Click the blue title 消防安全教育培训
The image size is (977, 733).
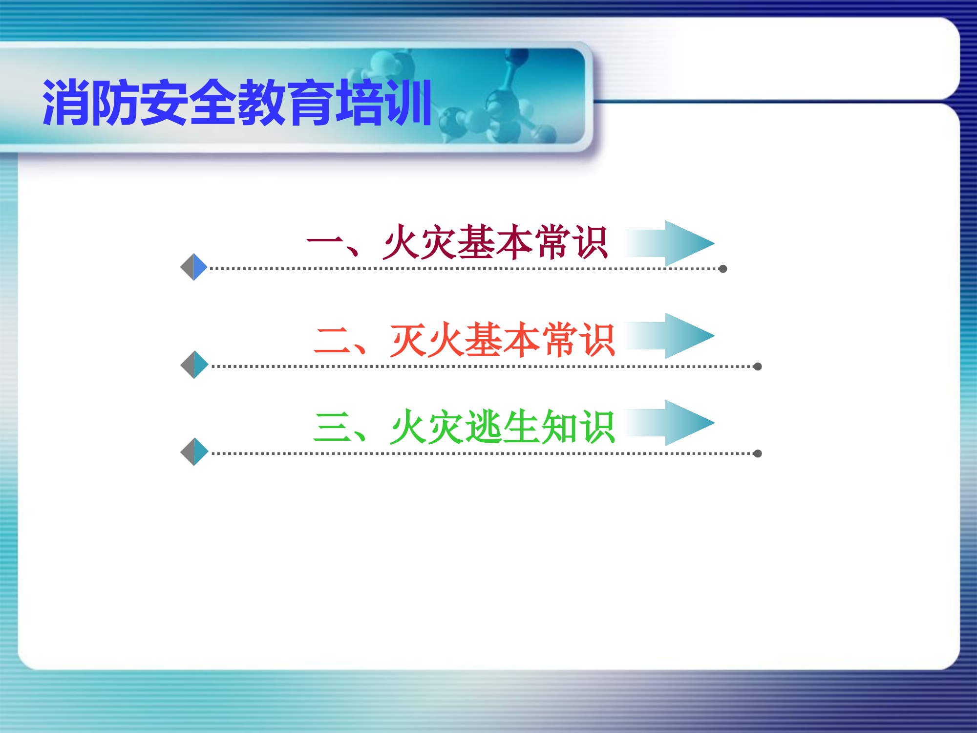pyautogui.click(x=237, y=103)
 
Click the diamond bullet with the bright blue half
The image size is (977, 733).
pyautogui.click(x=194, y=267)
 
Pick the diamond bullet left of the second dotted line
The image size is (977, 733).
pyautogui.click(x=194, y=365)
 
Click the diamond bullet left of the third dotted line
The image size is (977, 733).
pyautogui.click(x=194, y=452)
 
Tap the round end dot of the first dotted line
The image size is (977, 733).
pyautogui.click(x=723, y=269)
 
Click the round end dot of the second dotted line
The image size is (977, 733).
pyautogui.click(x=758, y=366)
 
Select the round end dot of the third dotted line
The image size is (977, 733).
pyautogui.click(x=758, y=453)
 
